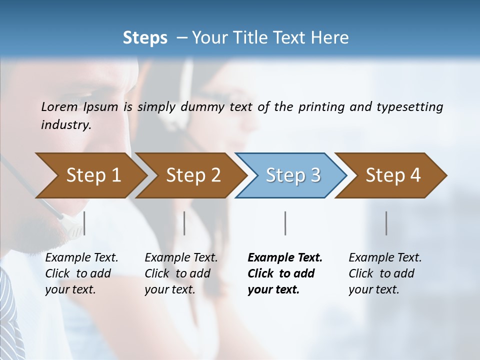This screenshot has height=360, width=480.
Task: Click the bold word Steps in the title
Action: (x=145, y=38)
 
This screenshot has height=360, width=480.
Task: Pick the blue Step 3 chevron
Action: (x=293, y=175)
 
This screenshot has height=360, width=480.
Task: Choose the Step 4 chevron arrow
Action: (x=393, y=175)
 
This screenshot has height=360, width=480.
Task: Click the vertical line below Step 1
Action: (x=84, y=223)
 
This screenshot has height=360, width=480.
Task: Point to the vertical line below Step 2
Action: (x=184, y=223)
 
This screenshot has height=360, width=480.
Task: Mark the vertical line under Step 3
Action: (x=285, y=223)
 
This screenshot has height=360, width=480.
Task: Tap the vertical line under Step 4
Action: (x=386, y=223)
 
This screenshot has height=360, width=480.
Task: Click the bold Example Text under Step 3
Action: (x=285, y=258)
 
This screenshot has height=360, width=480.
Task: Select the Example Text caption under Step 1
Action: (x=81, y=258)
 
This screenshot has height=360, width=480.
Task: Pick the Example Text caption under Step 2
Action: (x=181, y=258)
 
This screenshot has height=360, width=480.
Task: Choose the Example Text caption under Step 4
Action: (x=385, y=258)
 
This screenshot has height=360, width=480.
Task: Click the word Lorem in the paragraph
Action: (x=59, y=106)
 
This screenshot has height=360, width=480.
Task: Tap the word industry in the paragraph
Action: (x=65, y=125)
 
